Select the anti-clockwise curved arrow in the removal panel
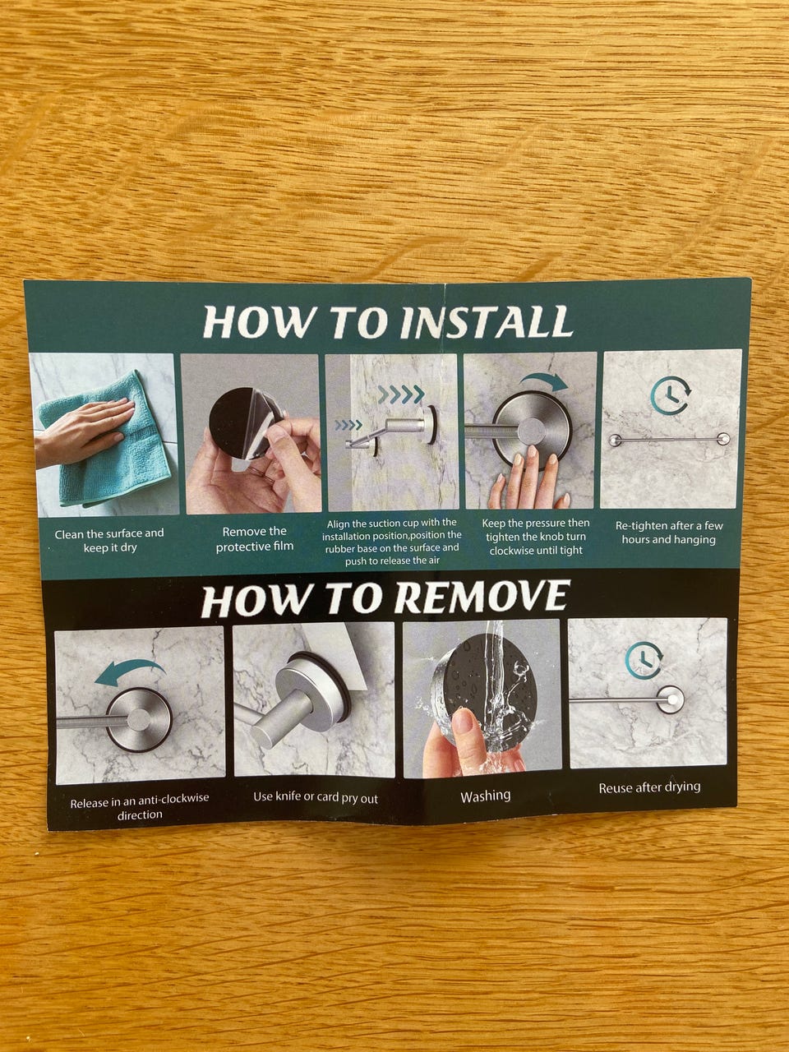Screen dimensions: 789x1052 129,670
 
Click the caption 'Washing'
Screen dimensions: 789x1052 485,796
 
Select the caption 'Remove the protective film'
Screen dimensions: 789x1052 255,538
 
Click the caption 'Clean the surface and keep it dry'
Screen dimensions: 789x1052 109,540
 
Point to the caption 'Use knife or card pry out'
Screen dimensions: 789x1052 316,797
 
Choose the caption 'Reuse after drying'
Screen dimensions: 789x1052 649,787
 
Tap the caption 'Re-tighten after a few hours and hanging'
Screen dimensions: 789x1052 669,533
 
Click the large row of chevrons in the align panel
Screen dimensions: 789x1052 401,394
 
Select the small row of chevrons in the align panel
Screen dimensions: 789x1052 348,425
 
